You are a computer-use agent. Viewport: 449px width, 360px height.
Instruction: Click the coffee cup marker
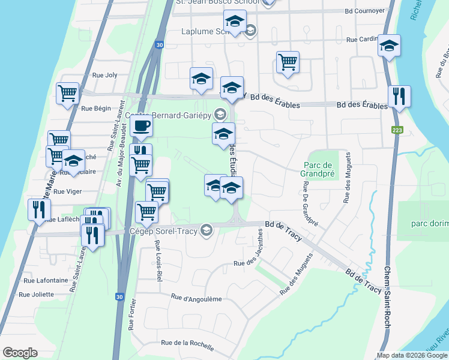142,127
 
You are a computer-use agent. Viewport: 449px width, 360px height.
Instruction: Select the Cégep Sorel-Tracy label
164,230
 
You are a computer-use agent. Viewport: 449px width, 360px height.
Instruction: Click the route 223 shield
397,130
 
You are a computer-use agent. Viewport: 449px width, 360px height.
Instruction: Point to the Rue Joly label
104,76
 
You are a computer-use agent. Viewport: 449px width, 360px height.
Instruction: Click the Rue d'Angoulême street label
196,298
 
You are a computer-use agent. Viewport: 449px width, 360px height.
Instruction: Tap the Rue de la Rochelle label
187,343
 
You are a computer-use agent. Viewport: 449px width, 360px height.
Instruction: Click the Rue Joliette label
36,295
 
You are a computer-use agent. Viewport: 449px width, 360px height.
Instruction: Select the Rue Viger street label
67,192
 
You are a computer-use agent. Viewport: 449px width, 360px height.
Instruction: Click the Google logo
20,353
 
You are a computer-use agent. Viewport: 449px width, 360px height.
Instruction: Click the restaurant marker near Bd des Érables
399,96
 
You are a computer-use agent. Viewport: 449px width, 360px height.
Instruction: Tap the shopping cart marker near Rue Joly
68,93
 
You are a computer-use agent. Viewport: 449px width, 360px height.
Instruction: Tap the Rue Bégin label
96,109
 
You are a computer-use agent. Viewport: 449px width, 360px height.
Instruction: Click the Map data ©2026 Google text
412,355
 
